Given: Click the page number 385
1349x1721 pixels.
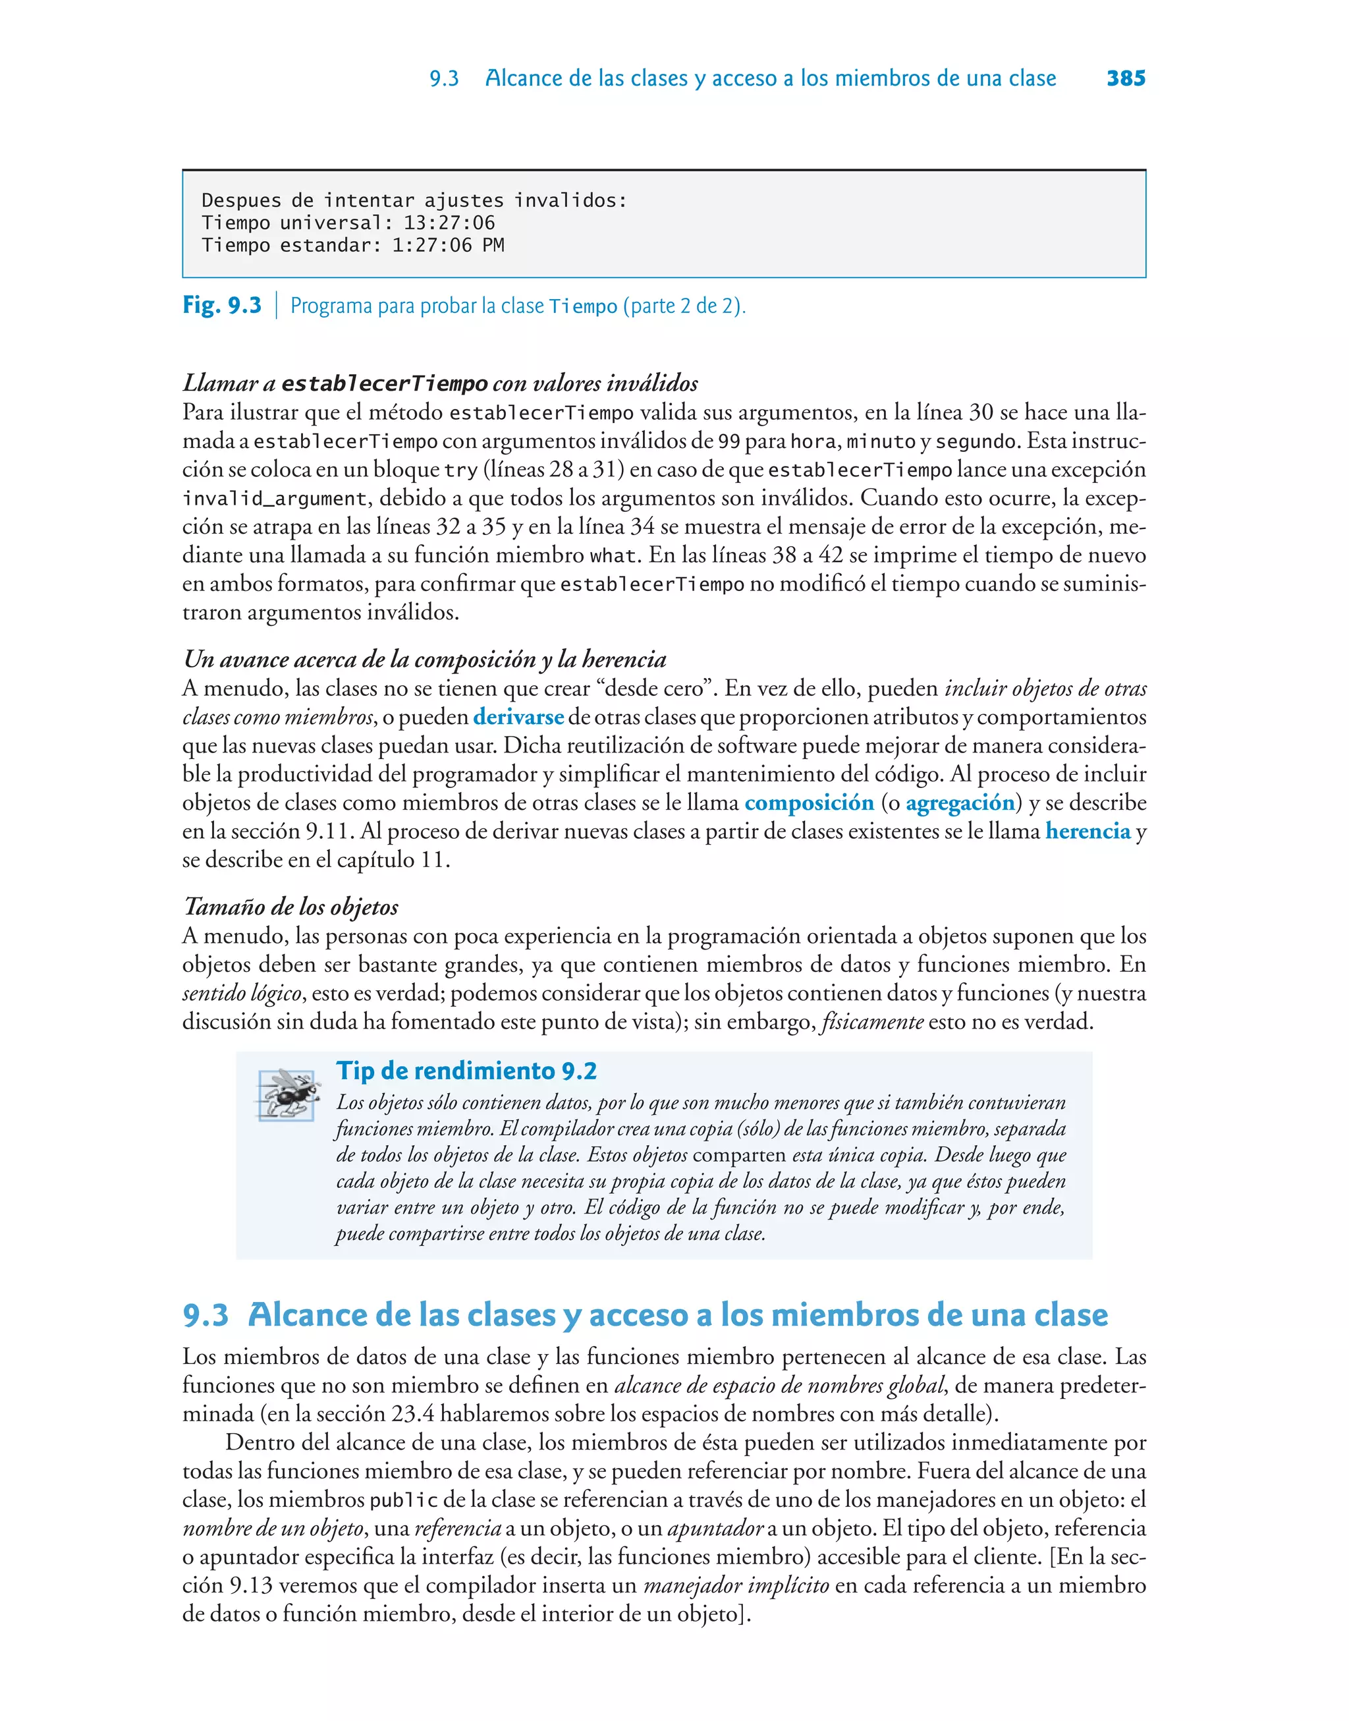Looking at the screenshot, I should (1126, 78).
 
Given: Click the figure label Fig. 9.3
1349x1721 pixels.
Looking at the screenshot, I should (222, 305).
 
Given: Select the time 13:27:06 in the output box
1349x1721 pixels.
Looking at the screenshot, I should (449, 223).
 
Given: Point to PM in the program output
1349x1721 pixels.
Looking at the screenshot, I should (493, 246).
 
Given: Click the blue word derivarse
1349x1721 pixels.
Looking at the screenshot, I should (518, 717).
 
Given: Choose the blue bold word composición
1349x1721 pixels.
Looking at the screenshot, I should (809, 803).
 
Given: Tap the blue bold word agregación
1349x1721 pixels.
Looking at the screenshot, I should (960, 803).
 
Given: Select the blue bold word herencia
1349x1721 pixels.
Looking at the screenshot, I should (1087, 832).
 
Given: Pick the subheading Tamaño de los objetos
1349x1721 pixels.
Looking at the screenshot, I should (290, 907).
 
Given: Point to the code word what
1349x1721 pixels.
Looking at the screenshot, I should (612, 556).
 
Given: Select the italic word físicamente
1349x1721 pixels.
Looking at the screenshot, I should (872, 1022).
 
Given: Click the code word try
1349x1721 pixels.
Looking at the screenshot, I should (460, 470).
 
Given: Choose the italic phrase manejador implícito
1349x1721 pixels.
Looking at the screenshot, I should (736, 1586).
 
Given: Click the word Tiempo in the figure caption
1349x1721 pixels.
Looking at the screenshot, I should (583, 306).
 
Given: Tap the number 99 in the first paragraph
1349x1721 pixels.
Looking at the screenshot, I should (729, 441).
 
